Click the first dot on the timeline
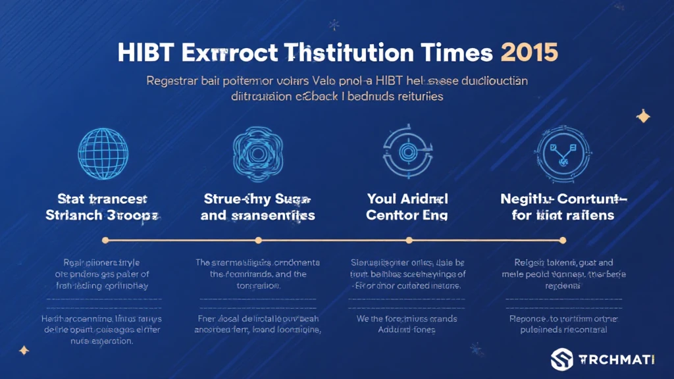coord(106,240)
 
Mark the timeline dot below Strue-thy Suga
coord(258,240)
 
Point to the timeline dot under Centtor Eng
coord(409,240)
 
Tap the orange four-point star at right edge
coord(642,116)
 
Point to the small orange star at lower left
coord(24,351)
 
